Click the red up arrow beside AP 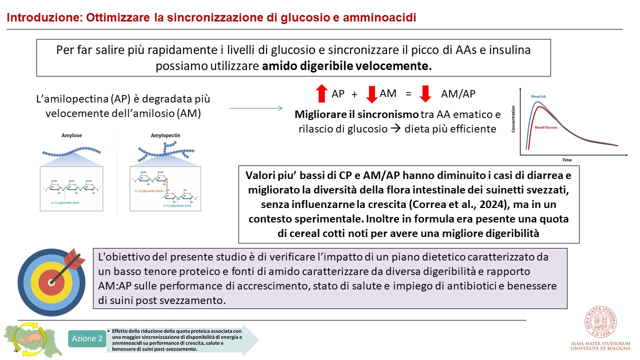click(321, 93)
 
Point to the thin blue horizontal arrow click(256, 107)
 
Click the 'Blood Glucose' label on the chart click(546, 127)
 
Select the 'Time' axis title click(566, 160)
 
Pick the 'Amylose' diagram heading click(71, 135)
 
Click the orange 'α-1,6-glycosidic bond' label click(148, 190)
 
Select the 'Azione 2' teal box click(87, 338)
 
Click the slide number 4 click(15, 350)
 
